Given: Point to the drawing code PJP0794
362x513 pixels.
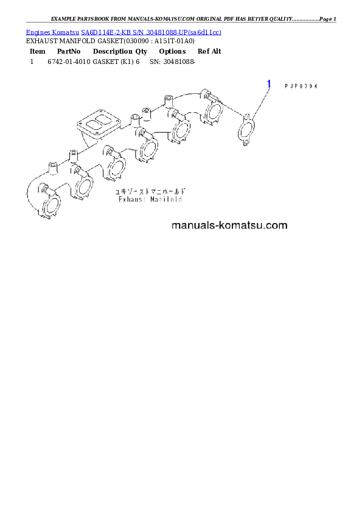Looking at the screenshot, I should pos(301,86).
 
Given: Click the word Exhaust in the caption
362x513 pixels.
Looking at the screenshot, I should pos(130,199).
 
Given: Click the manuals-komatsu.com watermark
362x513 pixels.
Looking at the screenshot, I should pos(229,225).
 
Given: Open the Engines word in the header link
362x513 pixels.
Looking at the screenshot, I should pos(36,32).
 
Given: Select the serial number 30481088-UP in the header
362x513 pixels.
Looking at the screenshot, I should pos(164,32).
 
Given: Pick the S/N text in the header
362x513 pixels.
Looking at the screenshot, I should pos(134,32).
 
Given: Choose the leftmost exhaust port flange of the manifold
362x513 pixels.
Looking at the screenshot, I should pos(50,206).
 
